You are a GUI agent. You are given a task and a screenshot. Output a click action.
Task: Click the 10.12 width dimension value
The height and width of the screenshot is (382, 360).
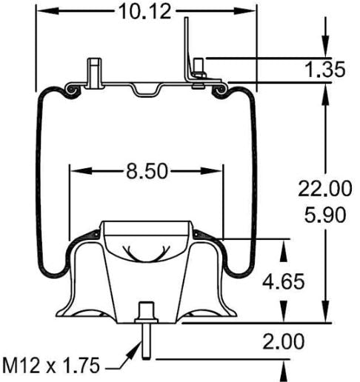tap(144, 11)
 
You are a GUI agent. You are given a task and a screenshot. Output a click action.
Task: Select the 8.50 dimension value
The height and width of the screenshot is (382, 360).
tap(144, 172)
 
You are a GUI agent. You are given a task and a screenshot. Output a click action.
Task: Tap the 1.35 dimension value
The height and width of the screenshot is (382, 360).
tap(325, 70)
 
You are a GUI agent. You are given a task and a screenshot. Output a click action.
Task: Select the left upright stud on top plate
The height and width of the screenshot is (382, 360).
tap(93, 73)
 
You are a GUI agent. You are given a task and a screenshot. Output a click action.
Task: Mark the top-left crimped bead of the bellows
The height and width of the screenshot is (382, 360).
tap(72, 90)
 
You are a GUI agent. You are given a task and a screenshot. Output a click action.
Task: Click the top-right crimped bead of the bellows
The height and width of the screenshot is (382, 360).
tap(220, 90)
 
